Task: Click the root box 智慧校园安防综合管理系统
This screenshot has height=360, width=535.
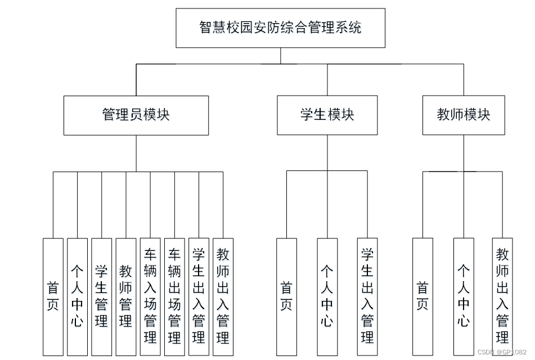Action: pyautogui.click(x=280, y=28)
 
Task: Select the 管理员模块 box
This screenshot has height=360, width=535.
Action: pyautogui.click(x=136, y=115)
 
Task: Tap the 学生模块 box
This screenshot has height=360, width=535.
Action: pyautogui.click(x=327, y=115)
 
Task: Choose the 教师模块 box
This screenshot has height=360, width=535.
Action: pyautogui.click(x=464, y=115)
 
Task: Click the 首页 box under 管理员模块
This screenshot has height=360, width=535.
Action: pyautogui.click(x=53, y=296)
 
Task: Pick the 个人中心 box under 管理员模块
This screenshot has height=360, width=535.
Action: pyautogui.click(x=77, y=296)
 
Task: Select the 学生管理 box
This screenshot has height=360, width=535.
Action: pyautogui.click(x=101, y=296)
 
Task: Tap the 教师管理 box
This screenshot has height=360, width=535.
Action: pyautogui.click(x=125, y=296)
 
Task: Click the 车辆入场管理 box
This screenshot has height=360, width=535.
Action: pyautogui.click(x=150, y=296)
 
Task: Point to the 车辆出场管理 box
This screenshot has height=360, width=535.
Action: pyautogui.click(x=174, y=296)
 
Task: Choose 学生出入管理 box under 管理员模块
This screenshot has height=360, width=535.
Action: pyautogui.click(x=199, y=296)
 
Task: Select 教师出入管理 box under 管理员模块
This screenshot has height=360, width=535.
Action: pyautogui.click(x=223, y=296)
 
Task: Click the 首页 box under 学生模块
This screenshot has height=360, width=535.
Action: pyautogui.click(x=286, y=296)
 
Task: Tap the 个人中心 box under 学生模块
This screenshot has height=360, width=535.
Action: pyautogui.click(x=327, y=296)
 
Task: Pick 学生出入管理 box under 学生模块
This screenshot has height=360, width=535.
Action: pyautogui.click(x=367, y=296)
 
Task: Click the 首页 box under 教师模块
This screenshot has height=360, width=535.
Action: pyautogui.click(x=422, y=296)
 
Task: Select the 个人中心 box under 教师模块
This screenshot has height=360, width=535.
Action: pyautogui.click(x=464, y=296)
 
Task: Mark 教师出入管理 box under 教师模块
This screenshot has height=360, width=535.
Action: pyautogui.click(x=502, y=296)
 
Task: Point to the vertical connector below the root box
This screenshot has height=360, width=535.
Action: pyautogui.click(x=280, y=56)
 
